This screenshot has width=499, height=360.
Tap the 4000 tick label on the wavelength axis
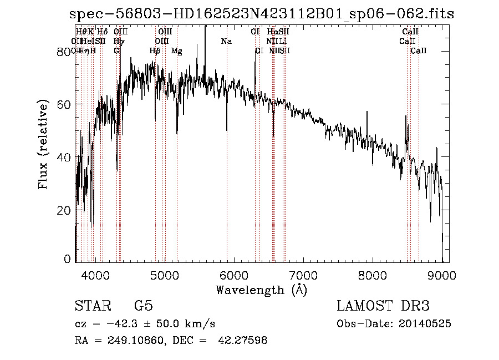pos(96,275)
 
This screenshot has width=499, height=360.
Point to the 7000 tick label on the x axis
pos(304,275)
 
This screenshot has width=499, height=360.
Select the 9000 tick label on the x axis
pos(442,275)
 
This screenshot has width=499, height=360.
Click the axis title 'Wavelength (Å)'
pos(261,289)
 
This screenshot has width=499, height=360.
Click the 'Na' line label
pos(226,42)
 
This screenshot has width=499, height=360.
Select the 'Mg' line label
pos(177,51)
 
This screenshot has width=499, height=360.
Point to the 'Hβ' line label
pos(155,51)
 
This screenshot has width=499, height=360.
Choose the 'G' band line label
pos(116,51)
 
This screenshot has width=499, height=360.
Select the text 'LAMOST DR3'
pos(383,307)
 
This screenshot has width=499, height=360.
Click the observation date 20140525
pos(430,324)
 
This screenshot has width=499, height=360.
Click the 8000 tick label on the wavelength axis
pos(373,275)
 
